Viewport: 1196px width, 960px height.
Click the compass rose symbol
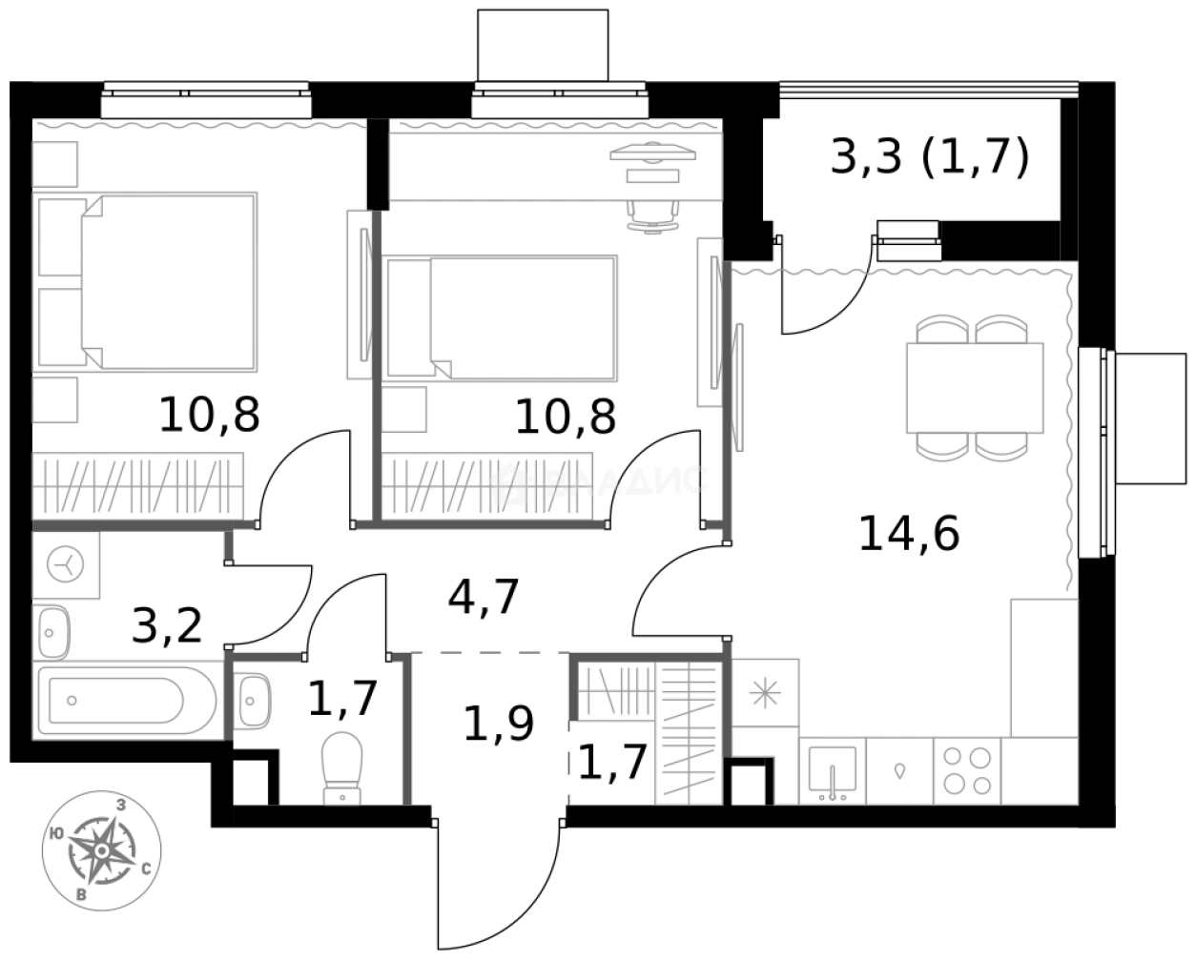tap(102, 848)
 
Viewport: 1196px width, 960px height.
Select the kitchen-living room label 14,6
tap(908, 534)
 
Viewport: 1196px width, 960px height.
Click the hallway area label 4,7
tap(484, 599)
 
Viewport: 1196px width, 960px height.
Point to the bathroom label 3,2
tap(167, 626)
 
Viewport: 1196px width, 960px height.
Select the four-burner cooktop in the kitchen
tap(966, 770)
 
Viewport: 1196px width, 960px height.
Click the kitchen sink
tap(832, 770)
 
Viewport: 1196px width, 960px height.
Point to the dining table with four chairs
tap(974, 388)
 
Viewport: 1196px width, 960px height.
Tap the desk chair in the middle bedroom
tap(653, 214)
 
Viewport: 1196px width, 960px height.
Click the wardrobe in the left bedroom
tap(137, 486)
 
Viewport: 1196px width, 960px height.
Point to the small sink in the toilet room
tap(253, 701)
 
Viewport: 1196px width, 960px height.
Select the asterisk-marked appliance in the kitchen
tap(765, 693)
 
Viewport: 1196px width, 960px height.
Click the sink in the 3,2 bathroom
tap(52, 632)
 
